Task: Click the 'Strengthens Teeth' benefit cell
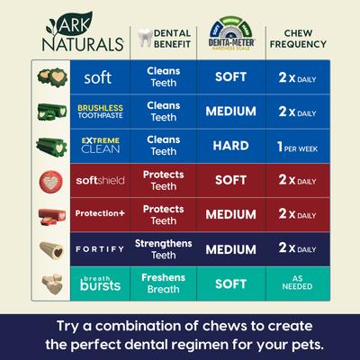point(163,247)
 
